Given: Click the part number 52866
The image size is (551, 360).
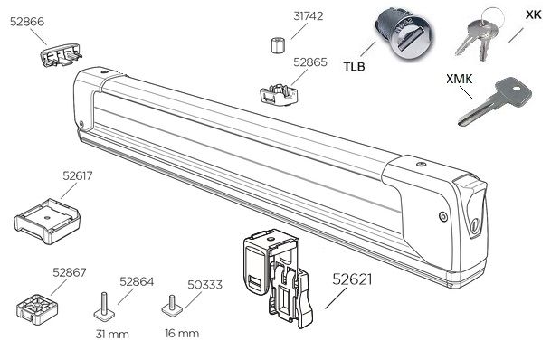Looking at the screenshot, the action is [27, 22].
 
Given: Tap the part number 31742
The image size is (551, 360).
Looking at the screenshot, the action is [309, 15].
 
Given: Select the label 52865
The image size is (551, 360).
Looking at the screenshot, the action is [310, 62].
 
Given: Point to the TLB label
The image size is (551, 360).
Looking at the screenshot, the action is [355, 66].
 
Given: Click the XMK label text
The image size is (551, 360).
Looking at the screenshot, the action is [460, 79].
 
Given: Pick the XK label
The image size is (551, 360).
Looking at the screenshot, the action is [534, 14].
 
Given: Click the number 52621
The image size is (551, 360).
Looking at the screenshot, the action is [352, 279].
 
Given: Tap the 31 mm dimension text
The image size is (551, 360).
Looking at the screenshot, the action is [112, 334].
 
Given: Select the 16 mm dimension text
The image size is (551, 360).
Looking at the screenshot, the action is [182, 333].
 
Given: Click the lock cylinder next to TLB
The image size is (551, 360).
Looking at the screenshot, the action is [404, 35].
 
